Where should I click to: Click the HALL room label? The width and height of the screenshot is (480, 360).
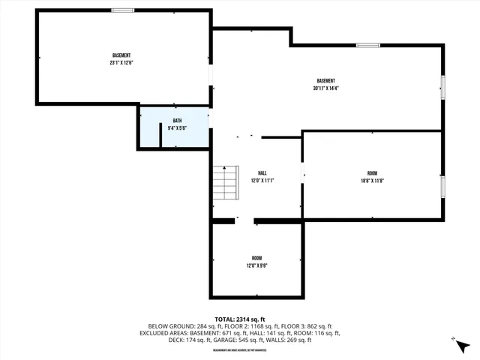coord(262,172)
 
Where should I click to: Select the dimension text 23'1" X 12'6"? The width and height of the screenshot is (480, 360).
coord(122,63)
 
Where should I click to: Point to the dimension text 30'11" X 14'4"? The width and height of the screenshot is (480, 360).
coord(325,88)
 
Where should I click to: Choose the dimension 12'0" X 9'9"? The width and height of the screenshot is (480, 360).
coord(256,265)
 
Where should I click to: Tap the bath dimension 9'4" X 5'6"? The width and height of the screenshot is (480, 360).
coord(177,128)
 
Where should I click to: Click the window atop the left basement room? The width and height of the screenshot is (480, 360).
coord(123,10)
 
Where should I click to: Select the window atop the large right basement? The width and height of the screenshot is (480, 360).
coord(367,45)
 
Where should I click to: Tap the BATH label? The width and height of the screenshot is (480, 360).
coord(177,121)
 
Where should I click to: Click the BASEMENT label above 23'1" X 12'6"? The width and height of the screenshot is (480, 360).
coord(122,55)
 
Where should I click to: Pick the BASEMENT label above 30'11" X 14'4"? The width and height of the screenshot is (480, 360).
coord(325,81)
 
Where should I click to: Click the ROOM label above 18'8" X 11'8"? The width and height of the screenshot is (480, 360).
coord(373,172)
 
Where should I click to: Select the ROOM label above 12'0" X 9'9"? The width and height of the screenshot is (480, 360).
coord(256,258)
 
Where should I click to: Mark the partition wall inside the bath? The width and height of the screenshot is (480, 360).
coord(162,135)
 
